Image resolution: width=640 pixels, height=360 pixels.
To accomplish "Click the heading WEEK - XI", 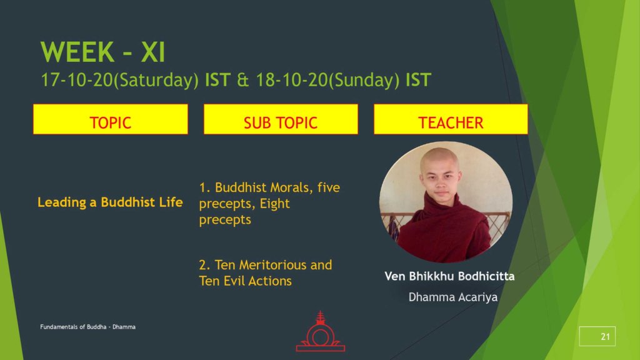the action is click(x=102, y=52).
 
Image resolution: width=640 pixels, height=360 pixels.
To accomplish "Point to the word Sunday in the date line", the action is click(x=364, y=80).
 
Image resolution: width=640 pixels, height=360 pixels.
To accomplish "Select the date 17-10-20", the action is click(x=76, y=80).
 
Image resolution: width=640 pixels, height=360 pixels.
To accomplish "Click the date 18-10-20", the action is click(x=292, y=80).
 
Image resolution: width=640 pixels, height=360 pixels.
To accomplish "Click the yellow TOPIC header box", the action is click(x=111, y=119).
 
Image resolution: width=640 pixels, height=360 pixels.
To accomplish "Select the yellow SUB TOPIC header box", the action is click(x=281, y=119).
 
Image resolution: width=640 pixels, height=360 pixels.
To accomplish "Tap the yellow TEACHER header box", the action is click(x=451, y=119).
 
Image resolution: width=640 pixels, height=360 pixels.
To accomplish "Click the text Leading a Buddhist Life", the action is click(x=110, y=202).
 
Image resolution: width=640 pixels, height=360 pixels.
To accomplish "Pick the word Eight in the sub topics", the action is click(x=275, y=203).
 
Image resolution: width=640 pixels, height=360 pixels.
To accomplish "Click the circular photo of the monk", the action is click(x=446, y=202).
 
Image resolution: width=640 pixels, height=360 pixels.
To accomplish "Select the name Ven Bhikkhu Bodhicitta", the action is click(x=449, y=276).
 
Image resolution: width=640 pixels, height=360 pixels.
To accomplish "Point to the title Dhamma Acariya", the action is click(x=453, y=297).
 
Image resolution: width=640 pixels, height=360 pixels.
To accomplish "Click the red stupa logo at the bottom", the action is click(x=321, y=331).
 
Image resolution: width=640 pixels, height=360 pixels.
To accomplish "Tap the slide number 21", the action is click(x=605, y=337).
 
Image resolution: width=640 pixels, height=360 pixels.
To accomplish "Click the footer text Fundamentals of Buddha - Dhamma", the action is click(x=87, y=327).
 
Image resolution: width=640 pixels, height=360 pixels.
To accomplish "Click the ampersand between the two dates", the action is click(x=243, y=80).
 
